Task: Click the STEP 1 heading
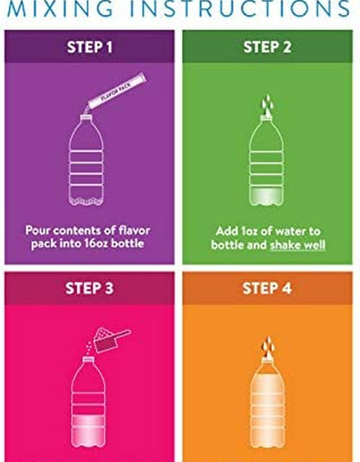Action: coord(89,47)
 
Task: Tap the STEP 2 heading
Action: coord(267,47)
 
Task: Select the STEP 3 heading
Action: coord(89,288)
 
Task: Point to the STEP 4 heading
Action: coord(267,288)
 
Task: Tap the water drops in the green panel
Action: coord(267,105)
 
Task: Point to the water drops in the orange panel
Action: coord(268,347)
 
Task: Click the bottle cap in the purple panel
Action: coord(86,117)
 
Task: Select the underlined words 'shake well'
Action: coord(297,245)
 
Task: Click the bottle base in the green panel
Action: coord(266,197)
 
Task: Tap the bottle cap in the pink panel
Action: coord(88,360)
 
